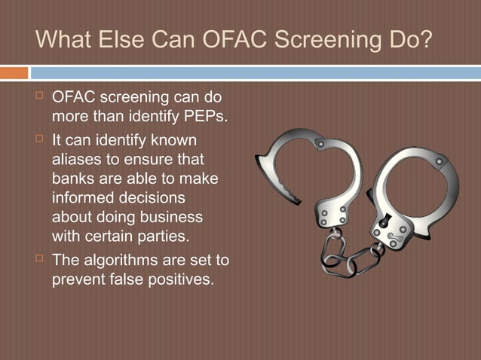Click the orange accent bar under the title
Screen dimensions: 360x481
pos(14,73)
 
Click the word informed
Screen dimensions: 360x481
pos(82,199)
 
